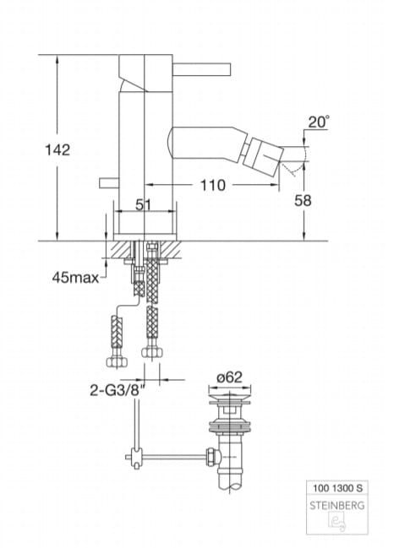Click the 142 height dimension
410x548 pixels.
coord(57,150)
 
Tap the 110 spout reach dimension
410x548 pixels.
coord(213,185)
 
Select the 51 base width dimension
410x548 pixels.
coord(144,205)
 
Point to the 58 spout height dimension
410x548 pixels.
coord(303,201)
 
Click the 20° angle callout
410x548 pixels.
coord(319,122)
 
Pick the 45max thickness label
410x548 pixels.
coord(75,278)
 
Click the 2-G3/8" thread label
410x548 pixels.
coord(118,390)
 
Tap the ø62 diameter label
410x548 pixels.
coord(229,377)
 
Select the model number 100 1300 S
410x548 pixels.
coord(337,488)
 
